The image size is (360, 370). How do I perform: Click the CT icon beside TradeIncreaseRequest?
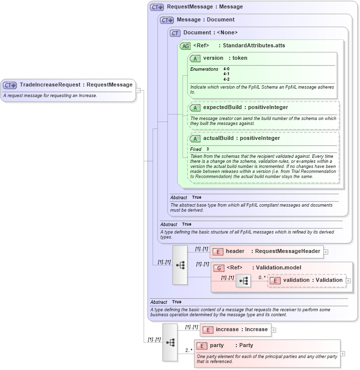[x=10, y=85]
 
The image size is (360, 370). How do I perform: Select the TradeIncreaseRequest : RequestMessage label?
[x=76, y=85]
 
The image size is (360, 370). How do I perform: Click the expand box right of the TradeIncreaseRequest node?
[x=138, y=90]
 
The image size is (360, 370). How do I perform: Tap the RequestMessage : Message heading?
[x=204, y=7]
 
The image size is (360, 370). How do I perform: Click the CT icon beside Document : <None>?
[x=175, y=33]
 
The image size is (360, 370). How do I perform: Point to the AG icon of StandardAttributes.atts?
[x=185, y=46]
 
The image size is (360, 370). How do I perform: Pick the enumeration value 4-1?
[x=226, y=74]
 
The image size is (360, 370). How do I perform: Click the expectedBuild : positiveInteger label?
[x=245, y=107]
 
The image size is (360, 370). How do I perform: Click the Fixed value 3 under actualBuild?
[x=207, y=149]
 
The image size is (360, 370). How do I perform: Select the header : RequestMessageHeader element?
[x=272, y=251]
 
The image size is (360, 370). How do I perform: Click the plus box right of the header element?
[x=326, y=252]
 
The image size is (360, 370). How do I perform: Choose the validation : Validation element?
[x=312, y=280]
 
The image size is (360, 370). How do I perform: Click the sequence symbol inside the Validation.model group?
[x=243, y=281]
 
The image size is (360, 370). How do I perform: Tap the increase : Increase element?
[x=241, y=330]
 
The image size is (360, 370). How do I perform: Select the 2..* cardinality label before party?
[x=189, y=350]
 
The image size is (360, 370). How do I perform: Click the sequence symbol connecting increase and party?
[x=170, y=342]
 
